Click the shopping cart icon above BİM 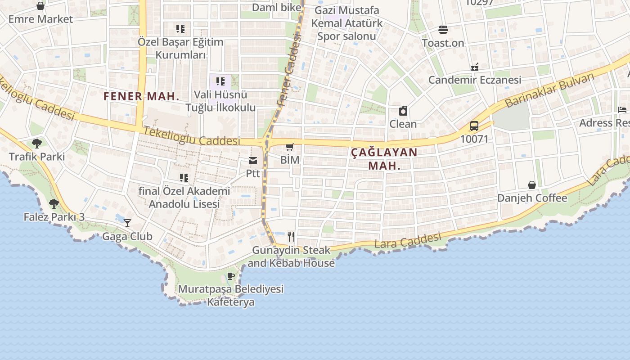(290, 147)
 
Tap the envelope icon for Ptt (253, 161)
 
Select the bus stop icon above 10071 (474, 126)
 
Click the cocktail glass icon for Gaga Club (128, 223)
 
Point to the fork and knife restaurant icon (291, 236)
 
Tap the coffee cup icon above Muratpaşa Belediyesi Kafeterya (231, 276)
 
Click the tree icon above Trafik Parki (37, 144)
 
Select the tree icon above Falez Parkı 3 (54, 204)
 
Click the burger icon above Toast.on (443, 30)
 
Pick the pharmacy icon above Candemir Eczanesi (474, 67)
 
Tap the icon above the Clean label (403, 111)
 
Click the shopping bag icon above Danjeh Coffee (532, 185)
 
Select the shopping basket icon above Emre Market (40, 6)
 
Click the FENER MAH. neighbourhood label (141, 96)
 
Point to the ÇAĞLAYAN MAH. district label (384, 158)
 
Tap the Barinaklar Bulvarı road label (549, 90)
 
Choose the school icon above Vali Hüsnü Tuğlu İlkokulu (220, 81)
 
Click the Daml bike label (276, 7)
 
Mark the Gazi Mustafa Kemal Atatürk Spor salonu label (347, 23)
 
